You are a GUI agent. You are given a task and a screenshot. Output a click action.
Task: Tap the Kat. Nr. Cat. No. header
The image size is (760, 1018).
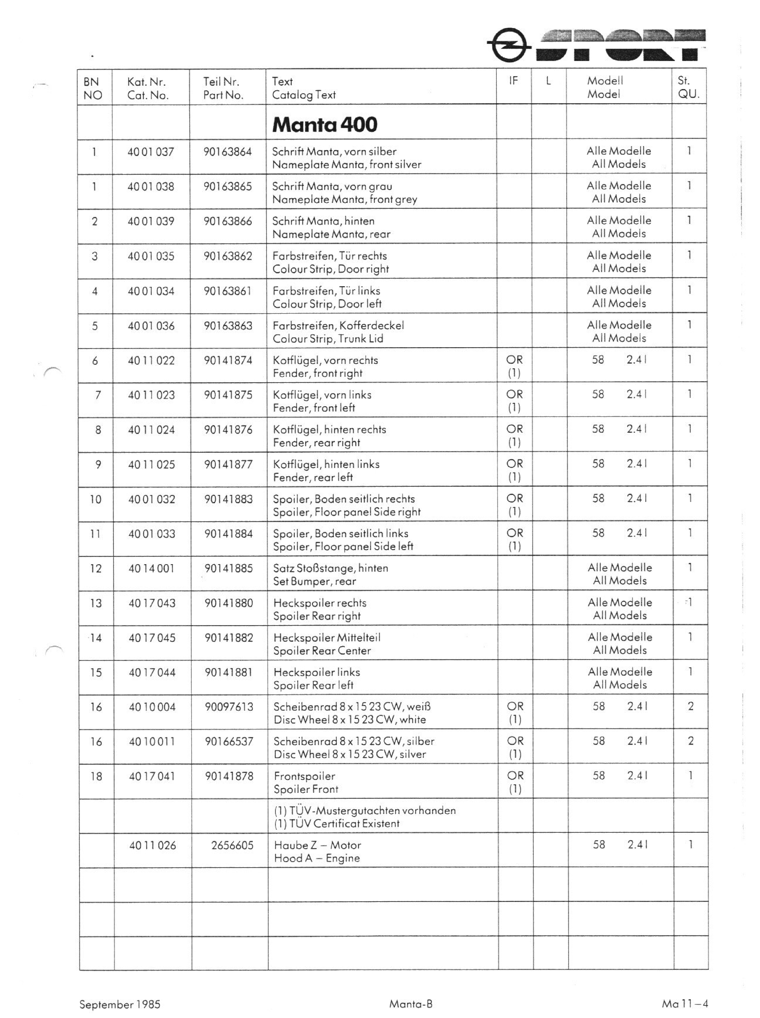point(148,88)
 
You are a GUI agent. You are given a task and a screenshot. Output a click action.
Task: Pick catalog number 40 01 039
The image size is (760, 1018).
point(151,221)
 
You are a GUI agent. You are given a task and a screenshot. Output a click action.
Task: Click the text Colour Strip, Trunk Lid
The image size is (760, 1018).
point(328,339)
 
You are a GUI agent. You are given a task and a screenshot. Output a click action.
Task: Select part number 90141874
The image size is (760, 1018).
point(228,360)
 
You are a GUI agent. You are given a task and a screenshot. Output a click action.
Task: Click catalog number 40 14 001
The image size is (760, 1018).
point(151,569)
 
